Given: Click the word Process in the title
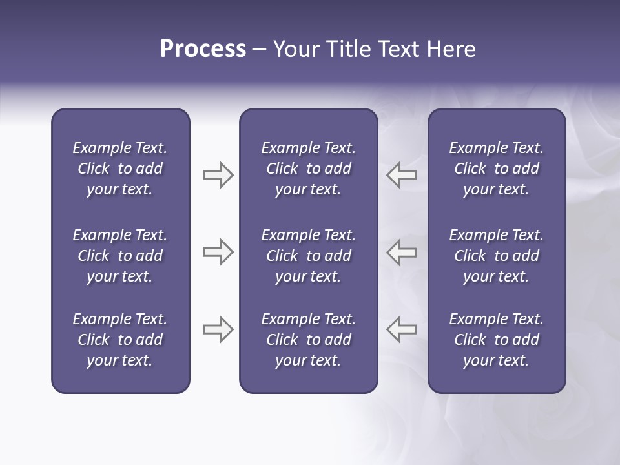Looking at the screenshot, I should [203, 49].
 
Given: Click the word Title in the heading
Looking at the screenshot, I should [347, 49].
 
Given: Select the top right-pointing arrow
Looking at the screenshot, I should [218, 175].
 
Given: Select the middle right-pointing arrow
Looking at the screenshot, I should [218, 252].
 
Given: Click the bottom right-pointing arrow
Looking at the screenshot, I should [218, 329].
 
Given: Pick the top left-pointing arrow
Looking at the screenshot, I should [402, 175].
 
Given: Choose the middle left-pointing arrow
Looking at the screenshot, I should [402, 252].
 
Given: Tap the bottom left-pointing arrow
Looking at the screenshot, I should [402, 329].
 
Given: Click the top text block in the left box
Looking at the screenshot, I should [120, 169].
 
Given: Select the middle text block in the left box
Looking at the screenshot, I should [120, 256].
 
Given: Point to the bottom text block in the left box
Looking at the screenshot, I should [120, 340].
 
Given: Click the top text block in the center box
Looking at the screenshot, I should [308, 169].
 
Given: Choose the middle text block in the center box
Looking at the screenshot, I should [308, 256].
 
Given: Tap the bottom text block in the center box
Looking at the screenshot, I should [308, 340].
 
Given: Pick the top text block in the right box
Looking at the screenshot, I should [496, 169].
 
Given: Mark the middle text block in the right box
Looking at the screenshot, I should [496, 256].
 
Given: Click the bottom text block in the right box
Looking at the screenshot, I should [496, 340].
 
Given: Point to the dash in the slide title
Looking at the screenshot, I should [260, 50].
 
